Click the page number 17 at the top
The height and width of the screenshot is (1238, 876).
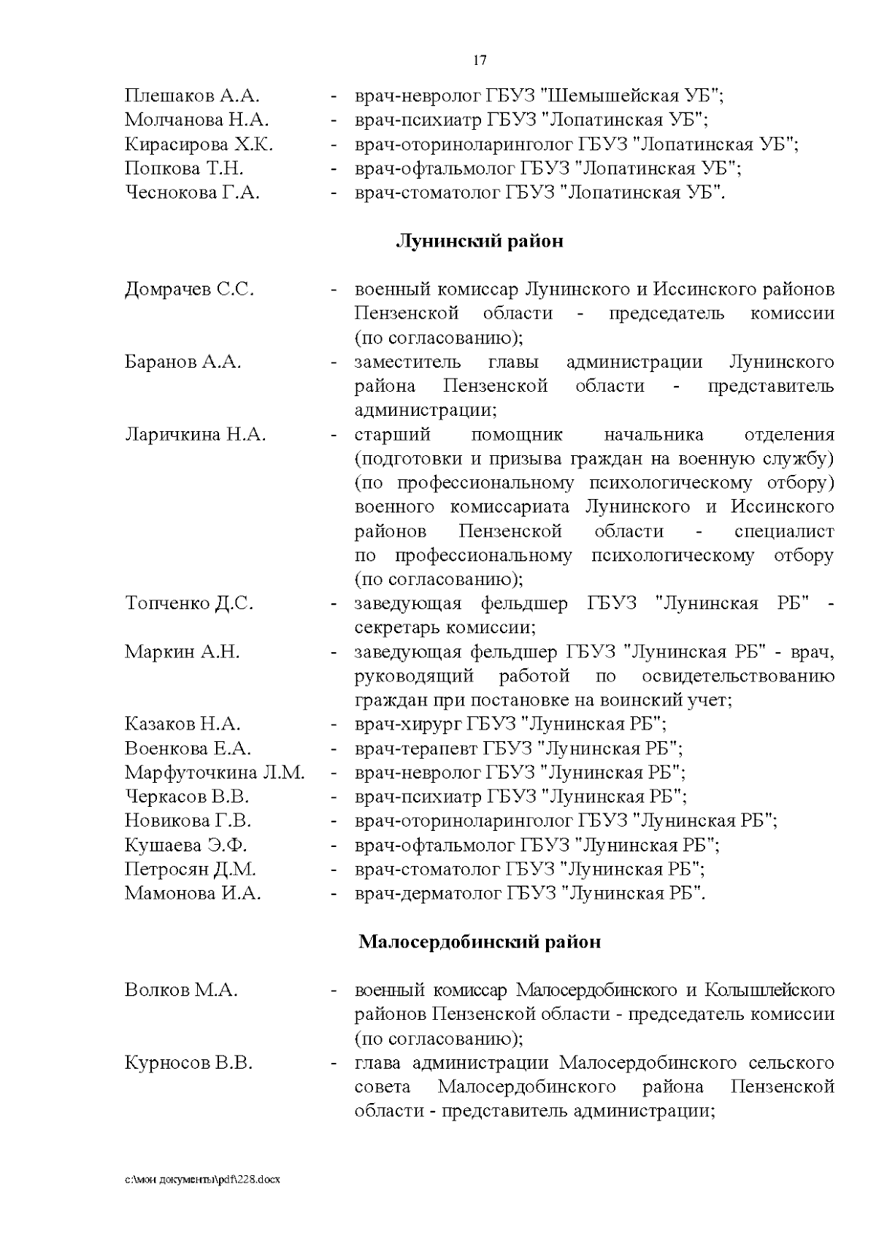pos(480,61)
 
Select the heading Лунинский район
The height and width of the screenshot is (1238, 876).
pos(479,241)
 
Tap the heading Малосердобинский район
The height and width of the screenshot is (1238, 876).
pos(480,942)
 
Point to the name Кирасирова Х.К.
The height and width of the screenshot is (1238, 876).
pos(199,144)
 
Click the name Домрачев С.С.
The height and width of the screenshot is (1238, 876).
pos(189,290)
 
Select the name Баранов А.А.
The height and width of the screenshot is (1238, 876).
pos(182,362)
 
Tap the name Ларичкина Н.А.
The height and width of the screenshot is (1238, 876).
pos(195,435)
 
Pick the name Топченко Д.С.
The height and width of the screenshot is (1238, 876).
pos(189,603)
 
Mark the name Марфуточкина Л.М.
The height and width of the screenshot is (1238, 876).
pos(215,772)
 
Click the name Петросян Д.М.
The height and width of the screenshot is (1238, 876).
pos(190,869)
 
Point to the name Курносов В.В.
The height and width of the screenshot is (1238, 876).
pos(188,1063)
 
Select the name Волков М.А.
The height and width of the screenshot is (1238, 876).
pos(181,990)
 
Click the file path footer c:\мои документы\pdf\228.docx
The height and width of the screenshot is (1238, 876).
pos(202,1178)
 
